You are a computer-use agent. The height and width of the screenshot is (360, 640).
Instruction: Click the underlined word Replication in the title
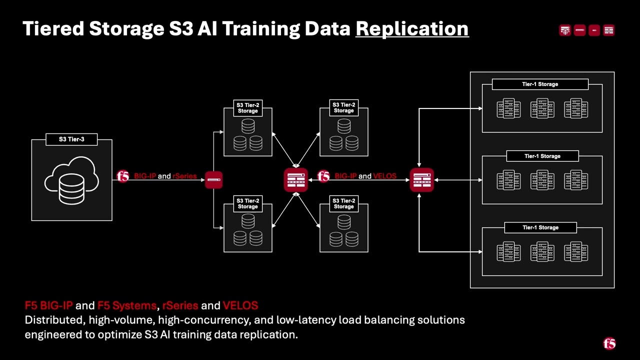pyautogui.click(x=412, y=28)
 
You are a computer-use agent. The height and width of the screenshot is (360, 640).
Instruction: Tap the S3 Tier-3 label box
pyautogui.click(x=71, y=139)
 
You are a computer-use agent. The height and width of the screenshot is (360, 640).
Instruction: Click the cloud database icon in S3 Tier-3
pyautogui.click(x=71, y=180)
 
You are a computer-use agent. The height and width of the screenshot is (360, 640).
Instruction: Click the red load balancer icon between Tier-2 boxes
pyautogui.click(x=295, y=180)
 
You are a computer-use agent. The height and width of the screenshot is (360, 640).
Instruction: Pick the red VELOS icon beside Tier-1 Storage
pyautogui.click(x=421, y=180)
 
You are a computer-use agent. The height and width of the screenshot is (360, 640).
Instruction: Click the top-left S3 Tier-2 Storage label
pyautogui.click(x=248, y=108)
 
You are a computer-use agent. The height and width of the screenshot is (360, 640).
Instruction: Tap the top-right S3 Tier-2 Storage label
pyautogui.click(x=344, y=107)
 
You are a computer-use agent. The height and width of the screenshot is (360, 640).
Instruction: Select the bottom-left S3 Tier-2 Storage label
pyautogui.click(x=248, y=203)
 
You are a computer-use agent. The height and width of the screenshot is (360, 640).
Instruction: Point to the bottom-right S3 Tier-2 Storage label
pyautogui.click(x=344, y=203)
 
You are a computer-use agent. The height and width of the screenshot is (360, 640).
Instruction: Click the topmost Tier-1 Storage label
pyautogui.click(x=540, y=84)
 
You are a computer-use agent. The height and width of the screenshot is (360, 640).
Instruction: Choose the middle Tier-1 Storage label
pyautogui.click(x=542, y=156)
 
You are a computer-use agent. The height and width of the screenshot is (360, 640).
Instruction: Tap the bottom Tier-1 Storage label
pyautogui.click(x=540, y=227)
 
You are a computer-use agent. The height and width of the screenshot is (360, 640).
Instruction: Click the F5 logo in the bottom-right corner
pyautogui.click(x=609, y=343)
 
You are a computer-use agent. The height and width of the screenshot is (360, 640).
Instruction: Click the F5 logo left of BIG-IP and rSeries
pyautogui.click(x=122, y=176)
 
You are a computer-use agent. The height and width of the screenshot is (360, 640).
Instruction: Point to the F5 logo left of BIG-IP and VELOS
pyautogui.click(x=323, y=176)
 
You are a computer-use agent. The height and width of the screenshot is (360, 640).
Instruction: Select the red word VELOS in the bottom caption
pyautogui.click(x=240, y=305)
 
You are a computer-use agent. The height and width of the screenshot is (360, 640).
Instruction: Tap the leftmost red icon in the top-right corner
pyautogui.click(x=565, y=30)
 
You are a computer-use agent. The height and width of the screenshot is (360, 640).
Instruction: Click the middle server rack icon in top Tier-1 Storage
pyautogui.click(x=542, y=108)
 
